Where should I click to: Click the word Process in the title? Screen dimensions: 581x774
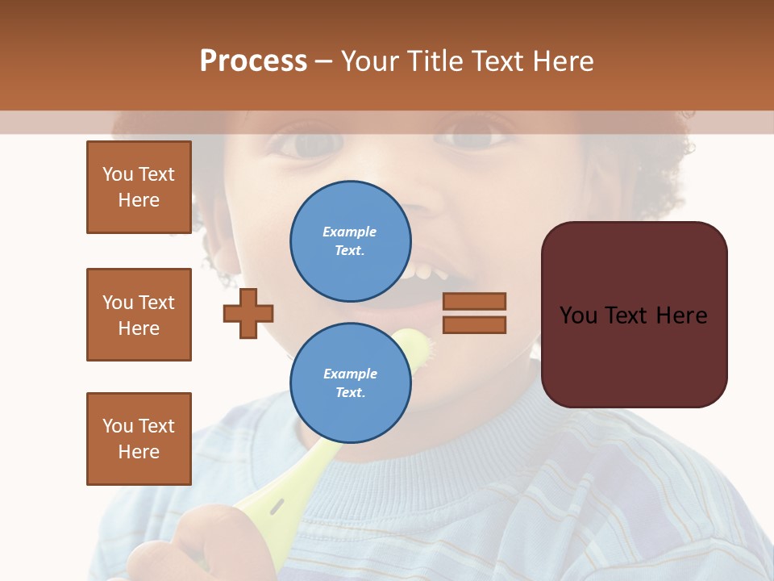pyautogui.click(x=253, y=61)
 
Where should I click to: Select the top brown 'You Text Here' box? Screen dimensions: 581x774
pyautogui.click(x=139, y=187)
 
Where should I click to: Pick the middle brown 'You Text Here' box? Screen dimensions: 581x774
pyautogui.click(x=139, y=315)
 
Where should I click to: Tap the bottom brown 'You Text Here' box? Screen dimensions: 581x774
pyautogui.click(x=139, y=439)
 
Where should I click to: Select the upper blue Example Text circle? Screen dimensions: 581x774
pyautogui.click(x=350, y=240)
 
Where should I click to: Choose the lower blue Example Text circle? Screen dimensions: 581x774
pyautogui.click(x=350, y=382)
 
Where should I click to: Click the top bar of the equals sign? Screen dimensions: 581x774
pyautogui.click(x=475, y=302)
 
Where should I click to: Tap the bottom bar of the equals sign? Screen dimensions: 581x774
pyautogui.click(x=475, y=324)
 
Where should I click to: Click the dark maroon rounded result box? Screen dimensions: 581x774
pyautogui.click(x=634, y=355)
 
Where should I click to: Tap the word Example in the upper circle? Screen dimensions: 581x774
pyautogui.click(x=350, y=232)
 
